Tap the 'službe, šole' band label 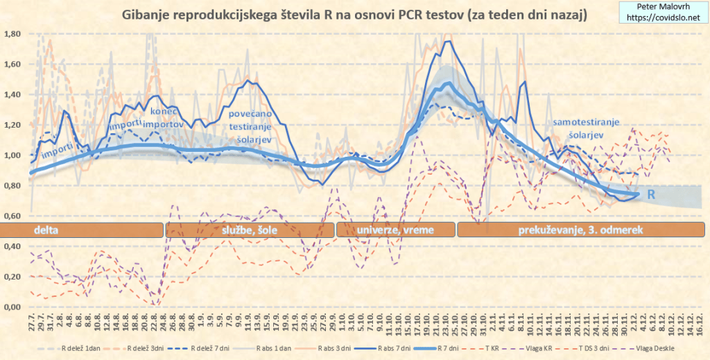249,230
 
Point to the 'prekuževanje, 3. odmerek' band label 580,230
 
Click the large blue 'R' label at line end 651,196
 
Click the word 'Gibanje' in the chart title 146,14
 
